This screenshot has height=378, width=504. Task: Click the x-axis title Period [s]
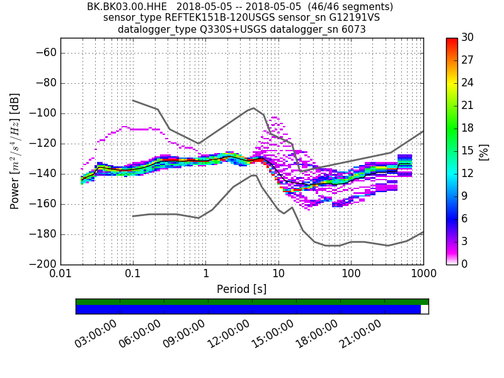click(242, 289)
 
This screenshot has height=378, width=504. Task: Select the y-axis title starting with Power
click(14, 151)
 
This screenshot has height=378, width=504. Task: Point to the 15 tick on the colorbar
click(468, 151)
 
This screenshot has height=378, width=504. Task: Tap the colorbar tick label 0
click(465, 264)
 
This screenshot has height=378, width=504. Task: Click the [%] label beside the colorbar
click(484, 151)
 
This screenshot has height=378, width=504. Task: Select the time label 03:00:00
click(96, 334)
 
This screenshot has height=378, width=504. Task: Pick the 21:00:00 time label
click(360, 334)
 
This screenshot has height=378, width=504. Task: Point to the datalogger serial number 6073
click(352, 29)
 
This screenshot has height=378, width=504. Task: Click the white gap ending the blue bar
click(425, 309)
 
